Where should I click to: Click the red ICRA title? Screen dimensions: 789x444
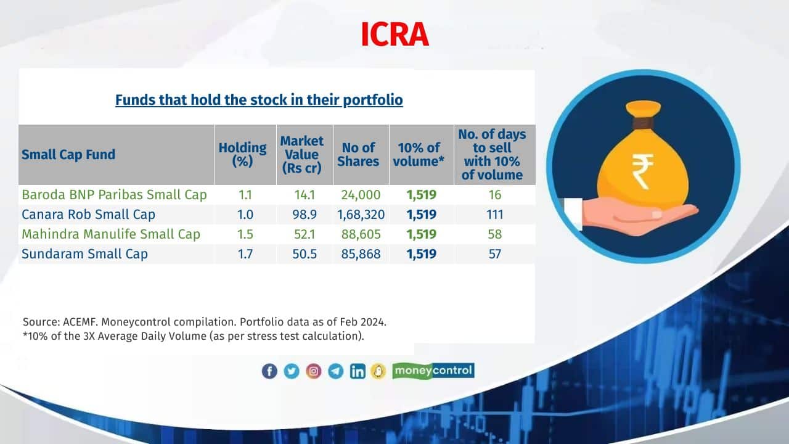point(395,34)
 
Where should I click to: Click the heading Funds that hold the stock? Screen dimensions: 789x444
point(259,100)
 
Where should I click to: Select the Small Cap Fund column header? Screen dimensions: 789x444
point(68,154)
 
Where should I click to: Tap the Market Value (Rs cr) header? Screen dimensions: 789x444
point(302,154)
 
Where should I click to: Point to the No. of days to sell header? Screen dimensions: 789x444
point(492,154)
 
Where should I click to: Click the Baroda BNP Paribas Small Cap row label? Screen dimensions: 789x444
point(114,194)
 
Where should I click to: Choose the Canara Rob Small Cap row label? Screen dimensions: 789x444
point(88,214)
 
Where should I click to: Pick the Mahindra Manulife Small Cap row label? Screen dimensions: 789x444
point(111,234)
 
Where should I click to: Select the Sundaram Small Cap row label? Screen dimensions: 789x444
point(84,253)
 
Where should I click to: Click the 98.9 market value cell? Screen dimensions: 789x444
point(305,214)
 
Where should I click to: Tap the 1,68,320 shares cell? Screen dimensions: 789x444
point(361,214)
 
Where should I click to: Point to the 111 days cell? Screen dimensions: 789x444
point(494,214)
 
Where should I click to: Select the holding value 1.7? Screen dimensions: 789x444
point(245,253)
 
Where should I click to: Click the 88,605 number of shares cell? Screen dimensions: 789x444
point(361,234)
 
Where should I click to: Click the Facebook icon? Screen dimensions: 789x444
point(269,371)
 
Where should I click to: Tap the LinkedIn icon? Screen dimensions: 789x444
point(358,371)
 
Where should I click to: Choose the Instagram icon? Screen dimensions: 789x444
point(314,371)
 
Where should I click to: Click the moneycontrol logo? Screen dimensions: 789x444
point(433,371)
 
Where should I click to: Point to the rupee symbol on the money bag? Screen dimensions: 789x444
point(642,171)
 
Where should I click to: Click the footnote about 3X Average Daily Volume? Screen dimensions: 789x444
point(194,336)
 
